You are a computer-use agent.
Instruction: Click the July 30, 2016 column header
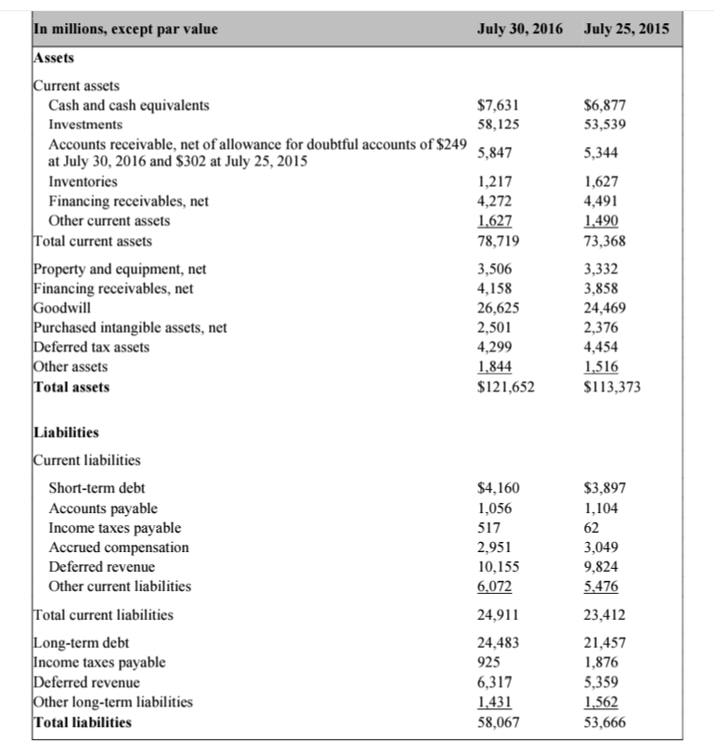click(x=520, y=29)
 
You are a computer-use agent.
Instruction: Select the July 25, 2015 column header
click(x=627, y=29)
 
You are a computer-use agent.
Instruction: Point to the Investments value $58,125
click(x=496, y=124)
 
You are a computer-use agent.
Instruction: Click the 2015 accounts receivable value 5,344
click(x=604, y=151)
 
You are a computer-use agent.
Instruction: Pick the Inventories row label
click(x=83, y=181)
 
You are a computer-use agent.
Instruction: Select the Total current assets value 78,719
click(x=497, y=241)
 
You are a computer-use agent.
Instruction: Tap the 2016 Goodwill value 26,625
click(x=497, y=308)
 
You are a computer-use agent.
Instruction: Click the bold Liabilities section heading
click(x=66, y=432)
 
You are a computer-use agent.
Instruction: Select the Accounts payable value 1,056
click(x=493, y=508)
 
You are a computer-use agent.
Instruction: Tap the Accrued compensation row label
click(x=118, y=547)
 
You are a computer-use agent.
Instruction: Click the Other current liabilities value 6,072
click(x=493, y=587)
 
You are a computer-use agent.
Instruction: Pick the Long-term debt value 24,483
click(x=497, y=643)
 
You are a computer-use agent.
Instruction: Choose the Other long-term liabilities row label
click(x=112, y=702)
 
